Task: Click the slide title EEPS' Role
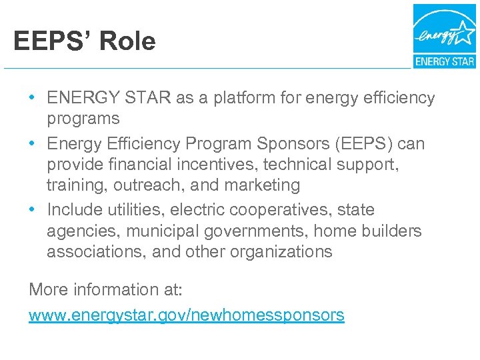(84, 41)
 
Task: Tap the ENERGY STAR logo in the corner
(444, 36)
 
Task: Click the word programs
(83, 119)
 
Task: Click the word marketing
(263, 185)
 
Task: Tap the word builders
(393, 231)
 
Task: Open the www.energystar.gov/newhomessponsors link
(187, 315)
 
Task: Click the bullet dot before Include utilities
(33, 210)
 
